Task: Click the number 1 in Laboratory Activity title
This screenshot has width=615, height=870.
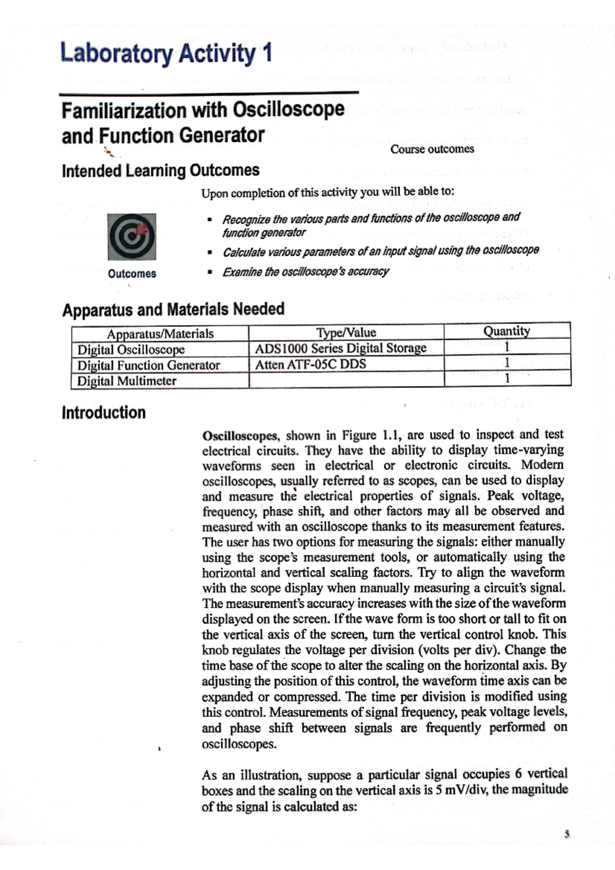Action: (265, 53)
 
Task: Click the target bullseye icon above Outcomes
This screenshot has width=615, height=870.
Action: (132, 237)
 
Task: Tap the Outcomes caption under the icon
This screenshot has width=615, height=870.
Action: (132, 274)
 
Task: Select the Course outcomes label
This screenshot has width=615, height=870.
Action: (432, 149)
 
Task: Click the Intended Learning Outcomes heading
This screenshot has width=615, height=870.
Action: (160, 170)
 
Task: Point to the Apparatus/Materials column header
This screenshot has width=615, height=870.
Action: (160, 334)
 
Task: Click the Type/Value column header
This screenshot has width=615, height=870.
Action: (346, 333)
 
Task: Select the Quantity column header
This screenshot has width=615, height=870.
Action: (506, 331)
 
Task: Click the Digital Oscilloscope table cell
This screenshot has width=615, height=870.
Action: (131, 350)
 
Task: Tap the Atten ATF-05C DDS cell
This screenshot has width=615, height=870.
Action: (311, 364)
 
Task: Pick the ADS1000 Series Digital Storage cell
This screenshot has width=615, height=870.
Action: (341, 348)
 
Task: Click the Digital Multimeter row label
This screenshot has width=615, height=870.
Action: (127, 381)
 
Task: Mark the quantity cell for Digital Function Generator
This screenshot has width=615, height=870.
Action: (507, 362)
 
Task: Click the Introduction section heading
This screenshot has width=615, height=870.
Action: (104, 412)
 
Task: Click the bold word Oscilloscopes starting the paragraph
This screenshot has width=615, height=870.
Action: (240, 436)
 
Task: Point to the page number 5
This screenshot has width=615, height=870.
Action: (566, 834)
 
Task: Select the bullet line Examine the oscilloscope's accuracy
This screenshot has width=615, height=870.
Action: (305, 272)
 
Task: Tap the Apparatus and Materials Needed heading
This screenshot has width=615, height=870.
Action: (173, 309)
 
